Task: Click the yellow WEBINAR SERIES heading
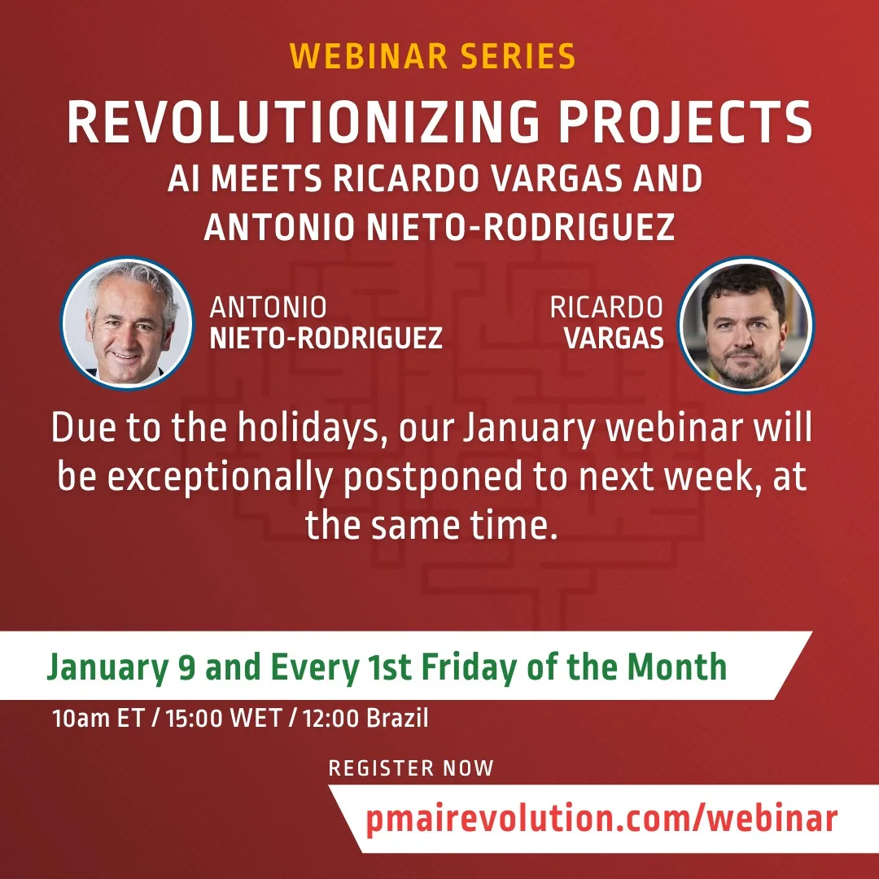click(x=432, y=56)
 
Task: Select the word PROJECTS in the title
click(x=685, y=122)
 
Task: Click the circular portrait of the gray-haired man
click(x=127, y=323)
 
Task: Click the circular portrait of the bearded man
click(x=746, y=325)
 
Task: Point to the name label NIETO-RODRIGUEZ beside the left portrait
click(x=326, y=338)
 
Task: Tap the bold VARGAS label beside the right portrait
click(x=614, y=338)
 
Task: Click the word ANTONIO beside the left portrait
click(x=268, y=307)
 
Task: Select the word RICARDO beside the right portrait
click(x=606, y=307)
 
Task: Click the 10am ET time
click(x=98, y=718)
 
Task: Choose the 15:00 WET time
click(x=224, y=718)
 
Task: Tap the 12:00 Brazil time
click(x=365, y=718)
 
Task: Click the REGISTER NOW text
click(x=411, y=768)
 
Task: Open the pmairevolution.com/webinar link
click(x=601, y=819)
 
